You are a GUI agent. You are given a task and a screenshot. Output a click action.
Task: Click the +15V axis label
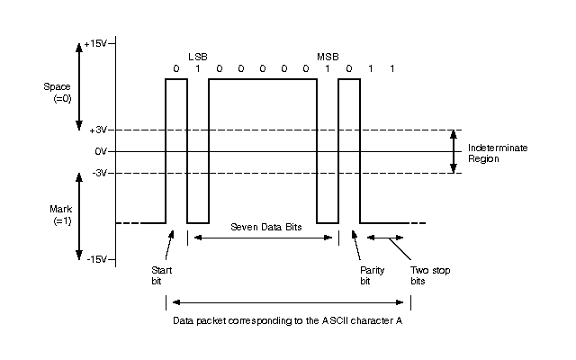(95, 44)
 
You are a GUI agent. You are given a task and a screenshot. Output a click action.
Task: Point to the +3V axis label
(98, 130)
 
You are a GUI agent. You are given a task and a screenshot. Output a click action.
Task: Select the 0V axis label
(101, 151)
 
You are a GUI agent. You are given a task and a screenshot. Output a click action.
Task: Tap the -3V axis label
(99, 173)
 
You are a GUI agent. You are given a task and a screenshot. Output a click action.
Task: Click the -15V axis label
(96, 259)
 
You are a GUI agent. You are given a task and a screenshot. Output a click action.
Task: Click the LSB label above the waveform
(198, 57)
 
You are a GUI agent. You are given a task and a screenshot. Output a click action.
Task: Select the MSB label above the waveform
(328, 57)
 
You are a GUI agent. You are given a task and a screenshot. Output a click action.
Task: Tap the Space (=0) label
(58, 93)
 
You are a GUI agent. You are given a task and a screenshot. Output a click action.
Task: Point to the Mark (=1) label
(61, 215)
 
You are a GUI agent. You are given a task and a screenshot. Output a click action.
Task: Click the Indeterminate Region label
(498, 153)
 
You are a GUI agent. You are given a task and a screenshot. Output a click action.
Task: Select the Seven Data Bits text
(266, 227)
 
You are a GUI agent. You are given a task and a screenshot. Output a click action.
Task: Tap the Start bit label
(162, 275)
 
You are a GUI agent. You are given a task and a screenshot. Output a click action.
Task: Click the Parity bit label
(372, 275)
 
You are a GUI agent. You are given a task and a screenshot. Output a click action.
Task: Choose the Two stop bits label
(430, 275)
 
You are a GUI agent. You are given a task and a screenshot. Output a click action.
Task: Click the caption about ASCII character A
(288, 320)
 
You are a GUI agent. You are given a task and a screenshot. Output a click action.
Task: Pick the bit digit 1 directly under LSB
(198, 68)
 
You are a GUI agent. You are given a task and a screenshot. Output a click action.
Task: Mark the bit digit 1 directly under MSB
(328, 68)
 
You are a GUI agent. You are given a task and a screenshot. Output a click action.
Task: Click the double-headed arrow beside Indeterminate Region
(454, 151)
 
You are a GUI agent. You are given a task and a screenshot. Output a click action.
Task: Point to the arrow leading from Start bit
(169, 245)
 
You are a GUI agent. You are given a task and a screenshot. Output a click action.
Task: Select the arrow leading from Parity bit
(356, 245)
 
